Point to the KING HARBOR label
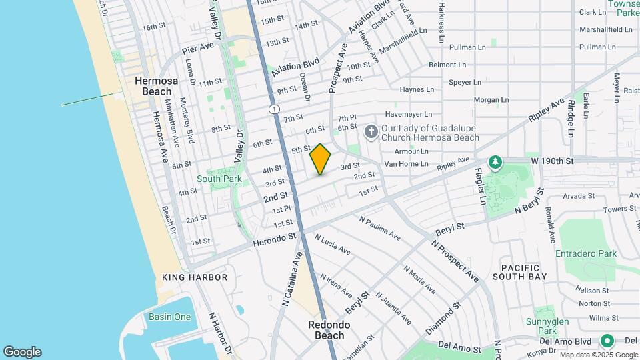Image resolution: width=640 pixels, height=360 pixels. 195,277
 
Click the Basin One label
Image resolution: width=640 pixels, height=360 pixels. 169,317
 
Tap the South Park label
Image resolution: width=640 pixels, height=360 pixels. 219,179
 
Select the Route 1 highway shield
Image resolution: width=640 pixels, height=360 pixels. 273,109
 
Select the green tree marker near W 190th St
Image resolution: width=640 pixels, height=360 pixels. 495,162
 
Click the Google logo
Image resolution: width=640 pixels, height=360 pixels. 22,352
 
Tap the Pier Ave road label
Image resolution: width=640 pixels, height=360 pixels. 198,47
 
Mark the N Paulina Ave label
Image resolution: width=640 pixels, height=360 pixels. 379,228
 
